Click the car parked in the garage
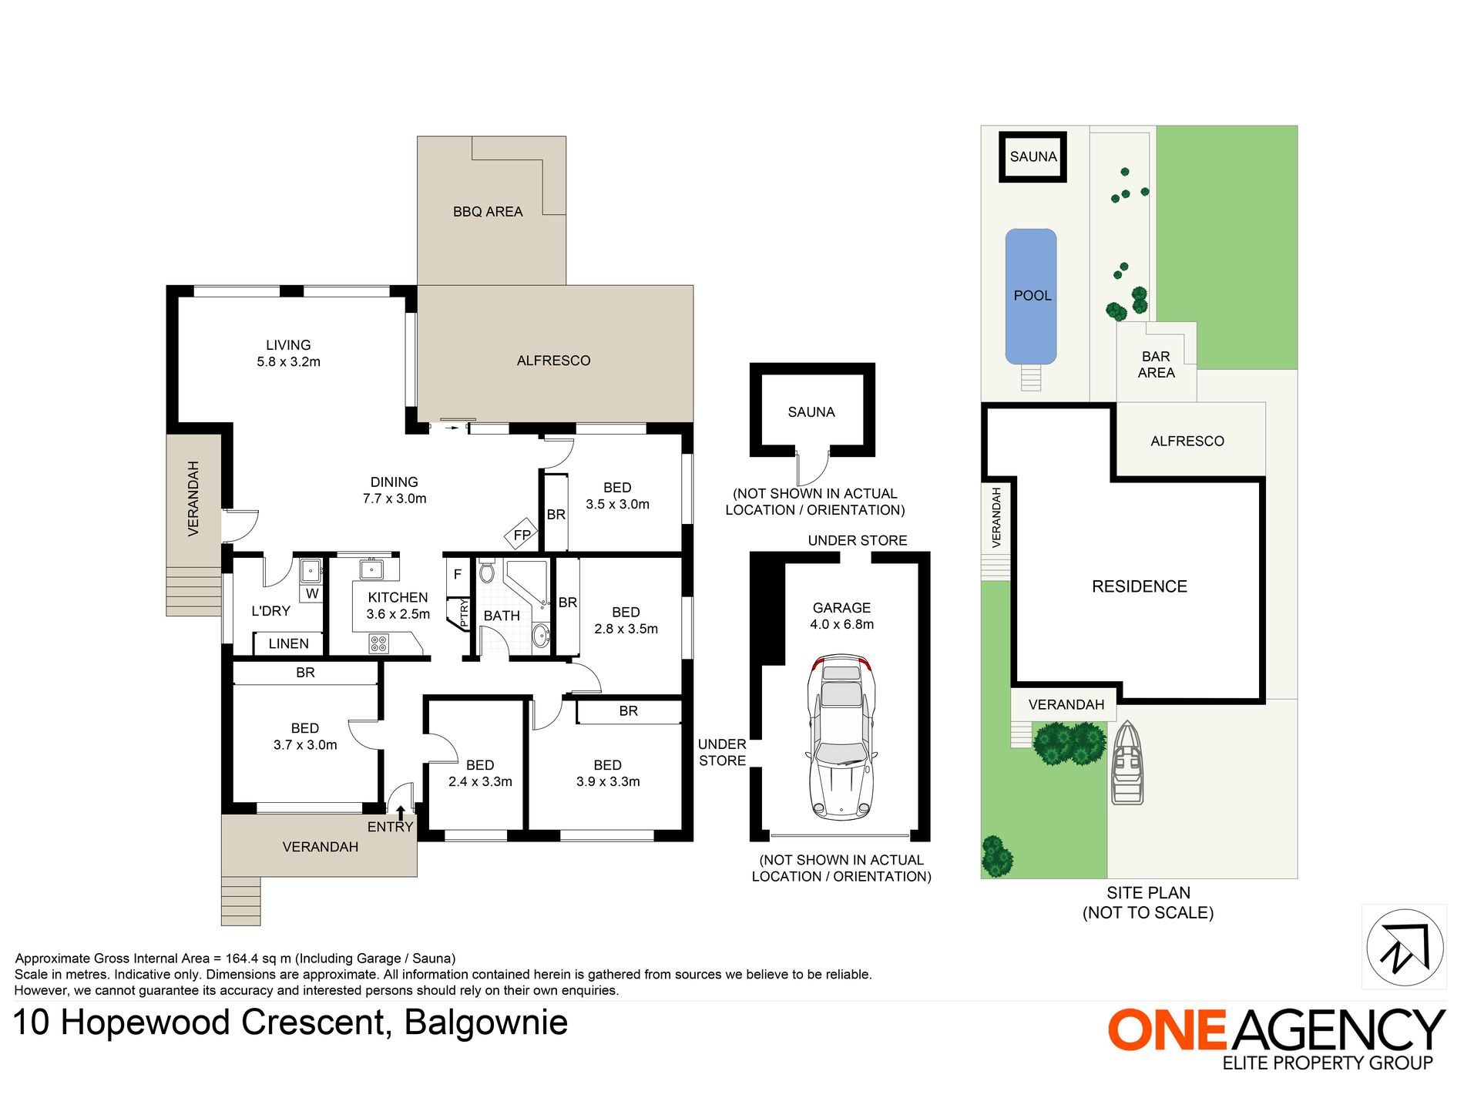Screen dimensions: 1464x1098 (841, 737)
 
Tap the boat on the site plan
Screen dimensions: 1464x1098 (1127, 764)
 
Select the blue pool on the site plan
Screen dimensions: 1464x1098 (1031, 297)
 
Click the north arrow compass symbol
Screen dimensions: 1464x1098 (1405, 947)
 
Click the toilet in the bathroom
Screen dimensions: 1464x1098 (486, 572)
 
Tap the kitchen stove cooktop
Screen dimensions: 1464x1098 (378, 643)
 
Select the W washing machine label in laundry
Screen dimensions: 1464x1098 (312, 594)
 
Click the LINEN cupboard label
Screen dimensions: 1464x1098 (289, 643)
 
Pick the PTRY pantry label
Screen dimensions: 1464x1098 (464, 614)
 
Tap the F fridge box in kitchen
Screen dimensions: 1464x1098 (458, 575)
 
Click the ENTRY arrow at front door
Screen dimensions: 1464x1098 (401, 812)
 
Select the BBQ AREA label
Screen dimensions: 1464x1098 (488, 212)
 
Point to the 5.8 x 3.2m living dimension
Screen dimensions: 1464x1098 (289, 362)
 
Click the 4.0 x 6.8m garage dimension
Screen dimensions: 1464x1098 (842, 625)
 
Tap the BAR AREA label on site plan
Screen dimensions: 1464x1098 (1157, 364)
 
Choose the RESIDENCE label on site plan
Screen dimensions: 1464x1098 (1140, 586)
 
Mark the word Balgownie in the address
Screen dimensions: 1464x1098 (486, 1023)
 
